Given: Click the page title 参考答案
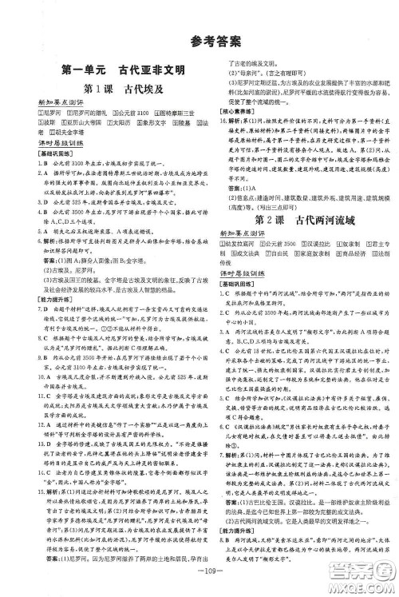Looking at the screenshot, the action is point(199,42).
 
